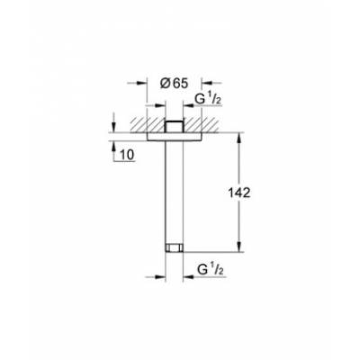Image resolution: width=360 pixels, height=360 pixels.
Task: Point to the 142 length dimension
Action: tap(255, 193)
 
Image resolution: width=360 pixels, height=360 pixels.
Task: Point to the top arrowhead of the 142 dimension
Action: tap(238, 139)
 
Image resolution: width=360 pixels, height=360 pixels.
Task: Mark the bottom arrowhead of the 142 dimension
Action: tap(238, 249)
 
